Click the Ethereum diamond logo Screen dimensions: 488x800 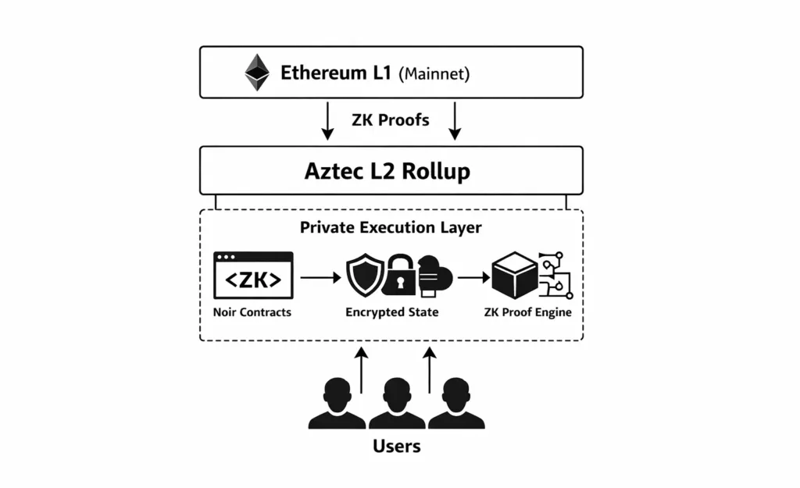tap(257, 73)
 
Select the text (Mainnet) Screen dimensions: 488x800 tap(434, 75)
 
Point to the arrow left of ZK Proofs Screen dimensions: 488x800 tap(327, 122)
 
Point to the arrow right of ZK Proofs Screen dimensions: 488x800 tap(455, 122)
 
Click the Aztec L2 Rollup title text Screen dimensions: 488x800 tap(387, 171)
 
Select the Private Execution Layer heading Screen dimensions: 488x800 tap(391, 228)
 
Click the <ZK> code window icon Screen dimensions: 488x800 tap(253, 276)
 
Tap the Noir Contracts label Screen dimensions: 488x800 tap(252, 312)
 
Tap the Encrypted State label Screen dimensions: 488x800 tap(392, 312)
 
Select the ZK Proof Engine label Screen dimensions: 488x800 tap(526, 312)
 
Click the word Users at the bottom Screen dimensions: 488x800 tap(396, 446)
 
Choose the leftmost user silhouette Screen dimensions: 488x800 tap(337, 404)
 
